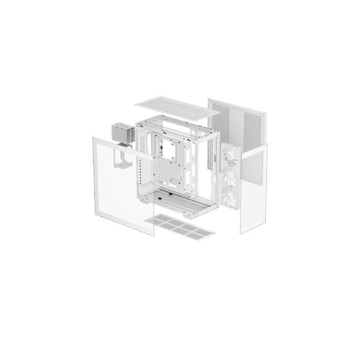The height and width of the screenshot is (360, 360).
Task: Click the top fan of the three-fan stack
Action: pos(230,157)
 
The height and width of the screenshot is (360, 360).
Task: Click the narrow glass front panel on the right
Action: pos(254,188)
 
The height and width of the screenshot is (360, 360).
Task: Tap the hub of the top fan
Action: pos(230,158)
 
